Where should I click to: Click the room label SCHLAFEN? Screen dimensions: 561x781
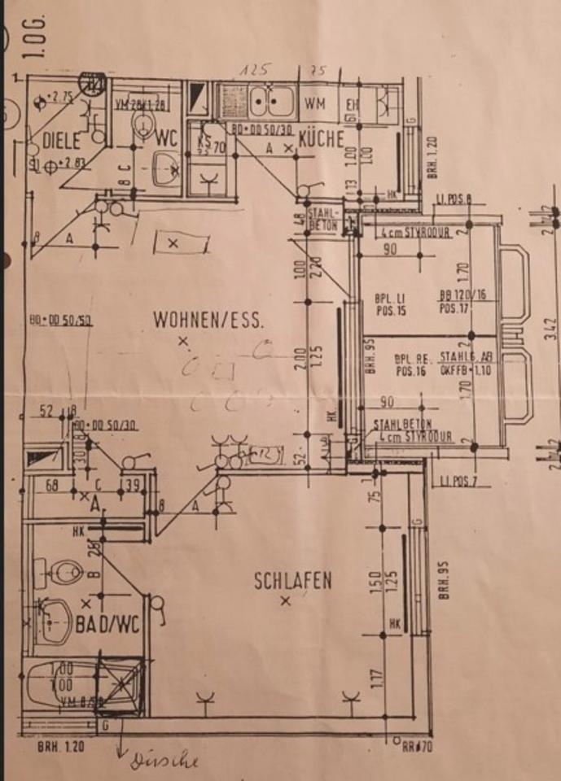pyautogui.click(x=292, y=581)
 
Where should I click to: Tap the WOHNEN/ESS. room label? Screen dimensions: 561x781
pyautogui.click(x=208, y=321)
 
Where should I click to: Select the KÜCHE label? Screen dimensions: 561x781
pyautogui.click(x=321, y=139)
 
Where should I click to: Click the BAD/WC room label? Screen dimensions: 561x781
pyautogui.click(x=108, y=626)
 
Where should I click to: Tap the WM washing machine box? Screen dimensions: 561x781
pyautogui.click(x=316, y=103)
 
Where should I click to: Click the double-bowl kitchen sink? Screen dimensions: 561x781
pyautogui.click(x=271, y=102)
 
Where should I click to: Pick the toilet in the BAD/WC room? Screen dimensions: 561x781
pyautogui.click(x=59, y=572)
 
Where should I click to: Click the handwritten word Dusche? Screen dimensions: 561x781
pyautogui.click(x=166, y=761)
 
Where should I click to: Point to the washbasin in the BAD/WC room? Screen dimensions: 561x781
pyautogui.click(x=54, y=622)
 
